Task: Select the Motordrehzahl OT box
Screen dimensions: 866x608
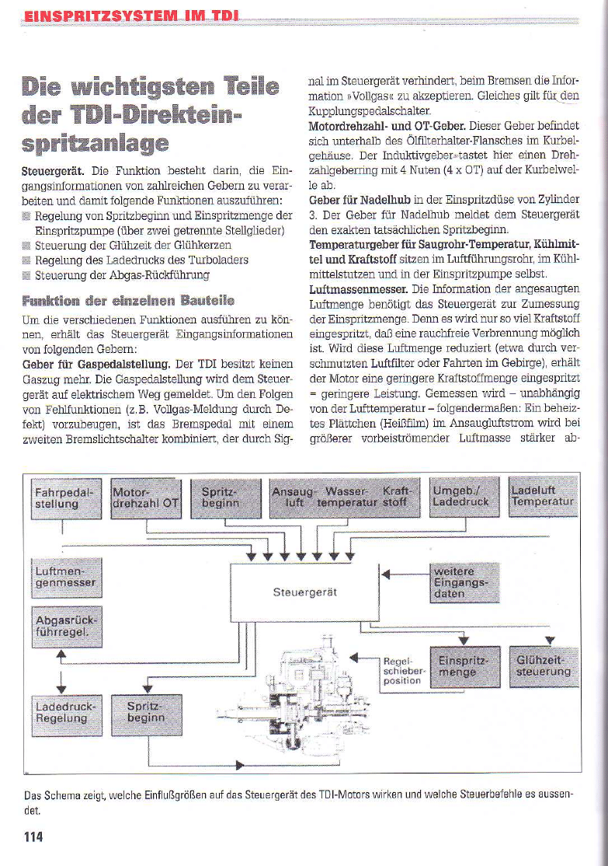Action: click(145, 497)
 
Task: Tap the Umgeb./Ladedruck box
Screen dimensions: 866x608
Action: click(458, 497)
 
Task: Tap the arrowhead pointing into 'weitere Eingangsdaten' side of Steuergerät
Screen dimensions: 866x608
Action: click(382, 574)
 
